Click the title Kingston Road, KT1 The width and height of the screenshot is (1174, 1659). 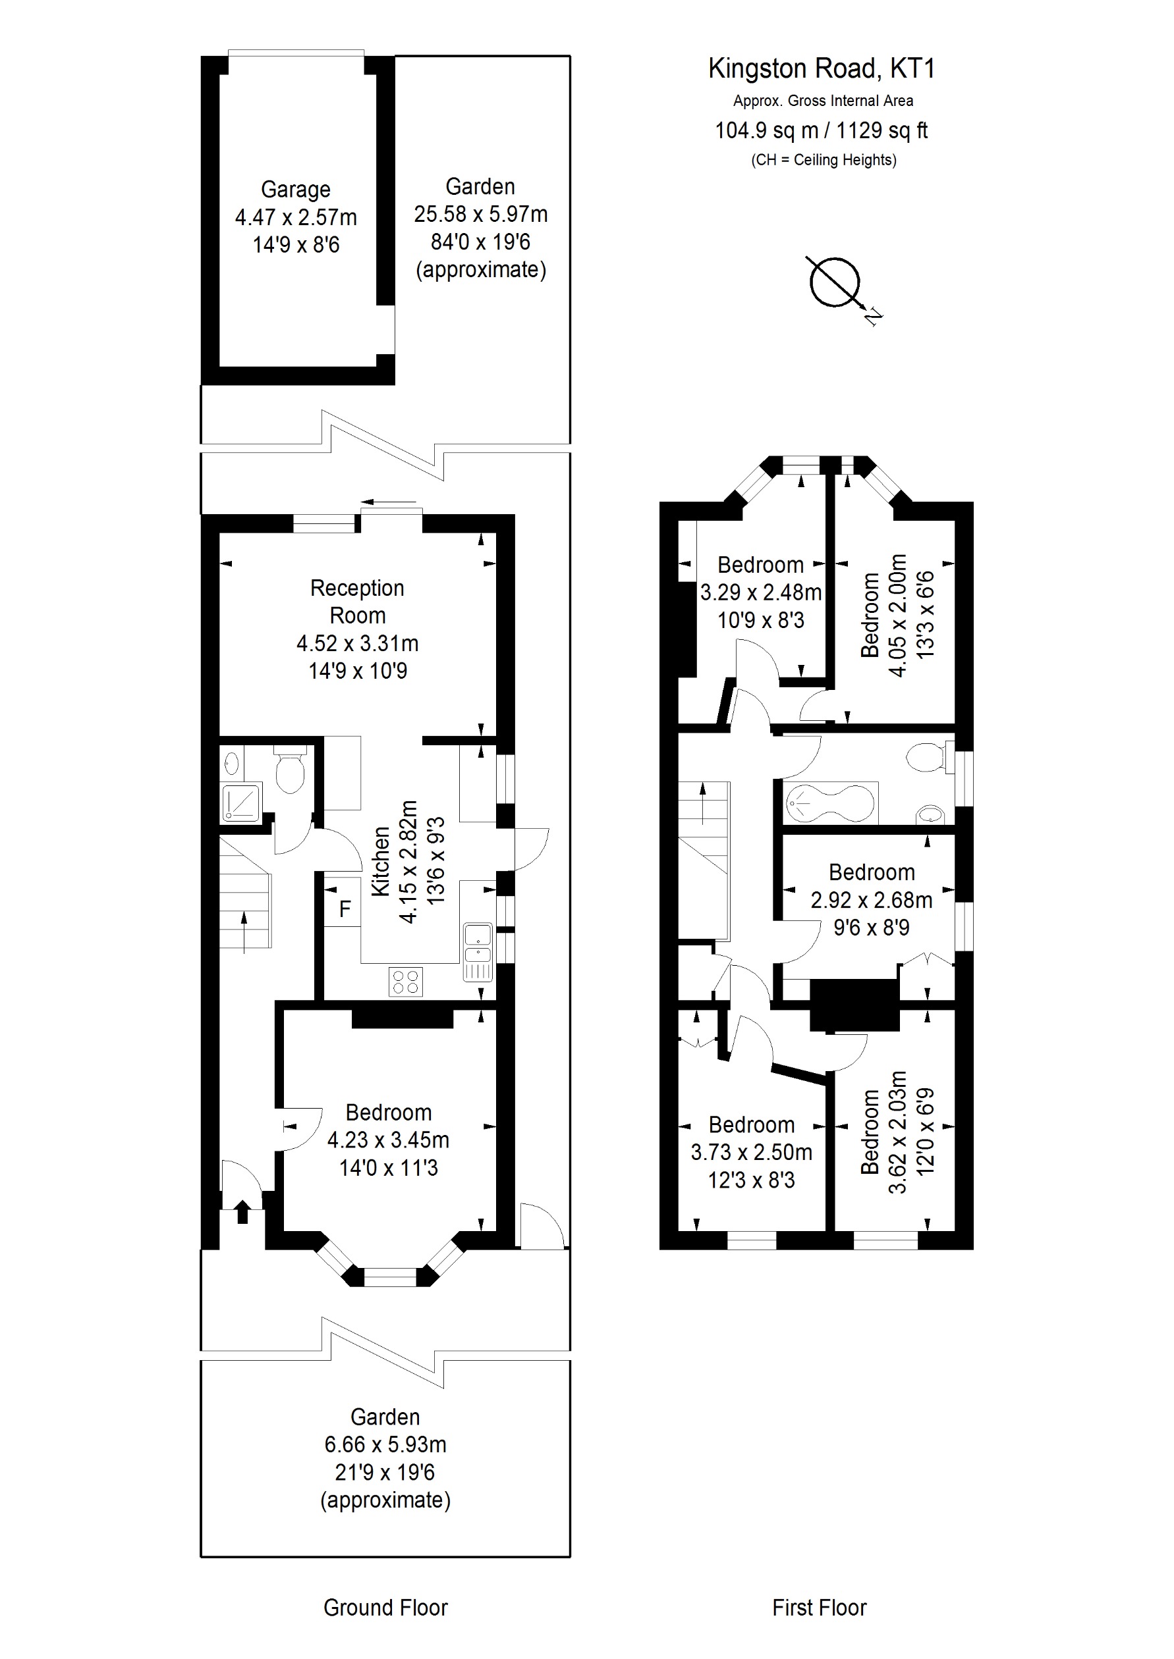(x=822, y=68)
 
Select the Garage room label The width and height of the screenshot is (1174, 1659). (x=296, y=190)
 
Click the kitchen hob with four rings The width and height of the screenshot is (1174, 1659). (x=406, y=981)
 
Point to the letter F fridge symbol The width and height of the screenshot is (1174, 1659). (x=345, y=909)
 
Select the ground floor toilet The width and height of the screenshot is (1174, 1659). (x=291, y=771)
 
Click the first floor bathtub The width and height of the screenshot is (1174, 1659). (x=831, y=803)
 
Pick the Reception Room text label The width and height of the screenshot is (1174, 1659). (x=357, y=601)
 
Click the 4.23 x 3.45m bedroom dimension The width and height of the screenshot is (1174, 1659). (x=388, y=1140)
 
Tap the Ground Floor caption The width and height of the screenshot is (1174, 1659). (x=385, y=1608)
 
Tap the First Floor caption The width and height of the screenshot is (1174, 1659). (x=819, y=1608)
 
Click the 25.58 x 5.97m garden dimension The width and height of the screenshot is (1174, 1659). (x=481, y=215)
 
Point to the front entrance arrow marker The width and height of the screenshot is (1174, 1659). (x=242, y=1211)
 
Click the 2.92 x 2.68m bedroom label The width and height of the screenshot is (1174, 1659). (x=871, y=899)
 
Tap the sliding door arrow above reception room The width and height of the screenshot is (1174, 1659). (x=389, y=502)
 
